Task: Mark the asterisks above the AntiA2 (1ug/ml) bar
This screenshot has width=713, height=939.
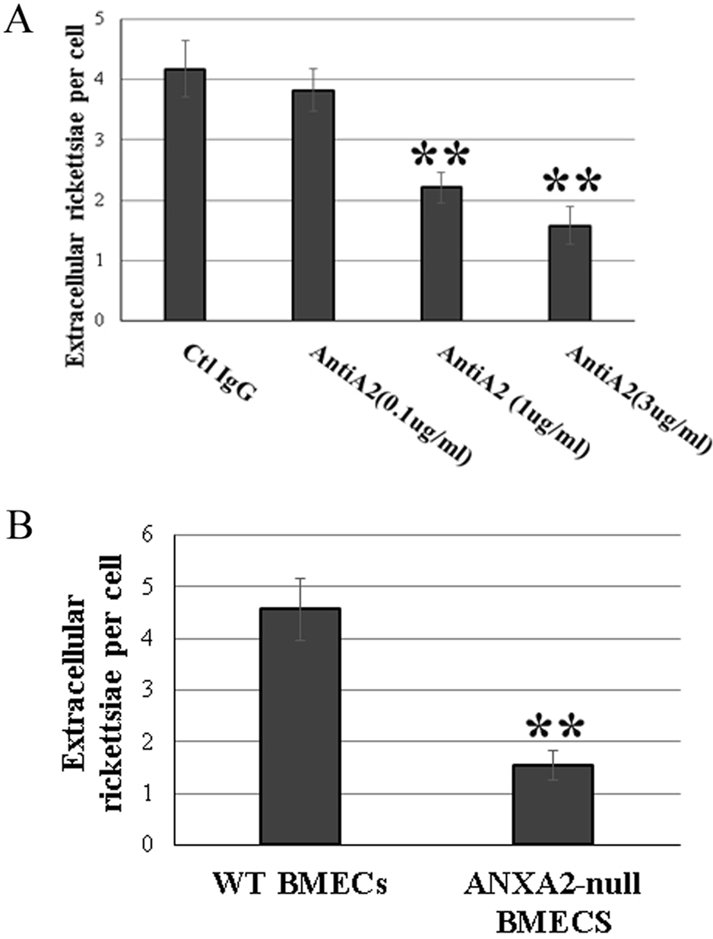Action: pyautogui.click(x=441, y=156)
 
